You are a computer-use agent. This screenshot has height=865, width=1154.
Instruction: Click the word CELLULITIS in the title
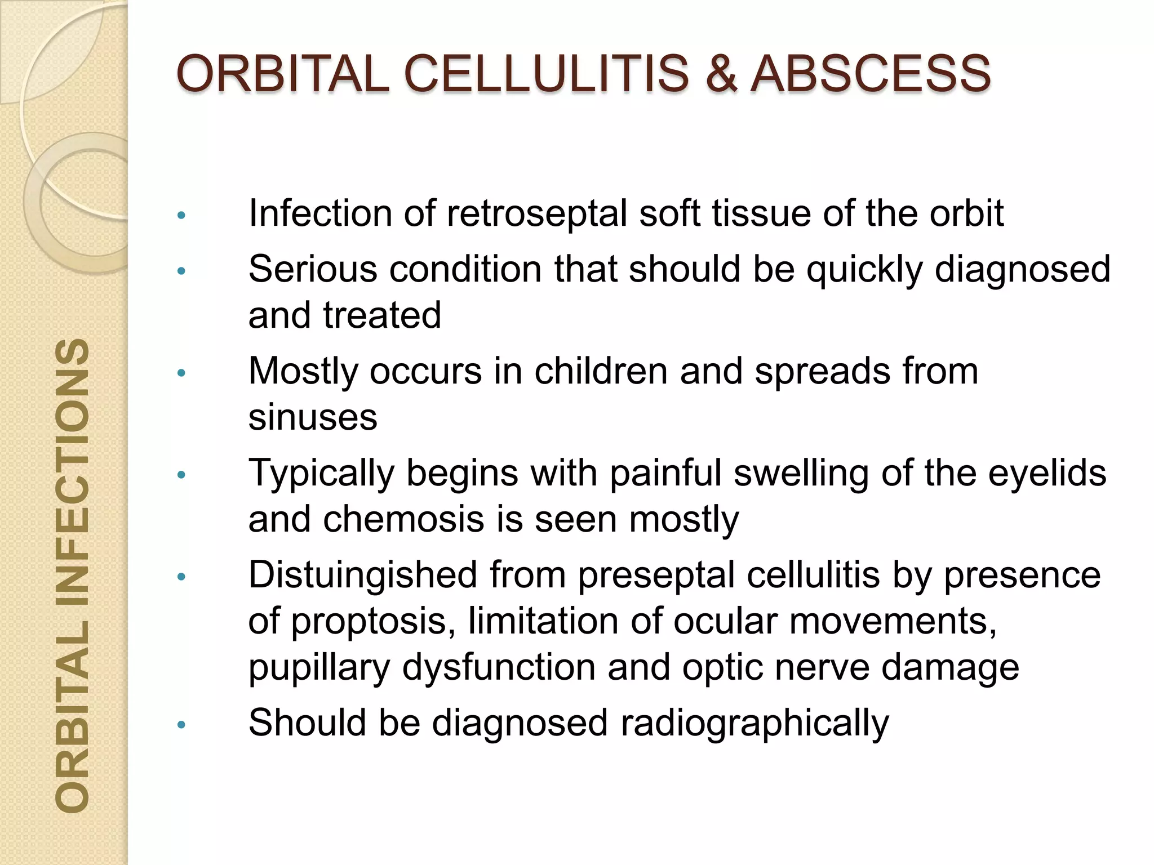pyautogui.click(x=546, y=74)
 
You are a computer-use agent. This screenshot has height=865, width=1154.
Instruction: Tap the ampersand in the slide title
pyautogui.click(x=721, y=74)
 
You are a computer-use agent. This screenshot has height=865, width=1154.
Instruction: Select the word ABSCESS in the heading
pyautogui.click(x=871, y=74)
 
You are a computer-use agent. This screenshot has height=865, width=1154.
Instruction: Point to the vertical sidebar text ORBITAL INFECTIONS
pyautogui.click(x=73, y=575)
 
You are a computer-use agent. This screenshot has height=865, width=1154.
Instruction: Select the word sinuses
pyautogui.click(x=313, y=417)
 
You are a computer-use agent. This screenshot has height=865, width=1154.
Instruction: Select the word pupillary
pyautogui.click(x=319, y=667)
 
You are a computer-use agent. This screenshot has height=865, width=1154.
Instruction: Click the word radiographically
pyautogui.click(x=754, y=723)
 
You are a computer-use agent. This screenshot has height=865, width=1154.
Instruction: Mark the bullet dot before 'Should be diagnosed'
pyautogui.click(x=181, y=725)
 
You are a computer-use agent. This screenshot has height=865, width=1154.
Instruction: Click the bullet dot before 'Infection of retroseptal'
pyautogui.click(x=181, y=216)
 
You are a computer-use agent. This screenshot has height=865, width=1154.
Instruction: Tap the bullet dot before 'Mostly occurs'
pyautogui.click(x=181, y=373)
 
